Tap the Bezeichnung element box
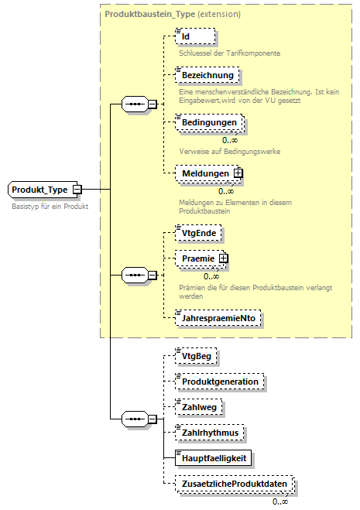click(x=207, y=75)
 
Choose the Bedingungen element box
click(x=209, y=123)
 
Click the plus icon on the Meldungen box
click(x=238, y=173)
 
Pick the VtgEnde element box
click(x=199, y=232)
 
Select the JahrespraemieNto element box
click(x=219, y=317)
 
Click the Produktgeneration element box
click(x=220, y=382)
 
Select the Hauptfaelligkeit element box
click(x=214, y=458)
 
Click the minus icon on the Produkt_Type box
click(x=77, y=190)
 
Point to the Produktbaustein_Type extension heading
click(x=173, y=15)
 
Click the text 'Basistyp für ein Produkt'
click(x=50, y=207)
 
